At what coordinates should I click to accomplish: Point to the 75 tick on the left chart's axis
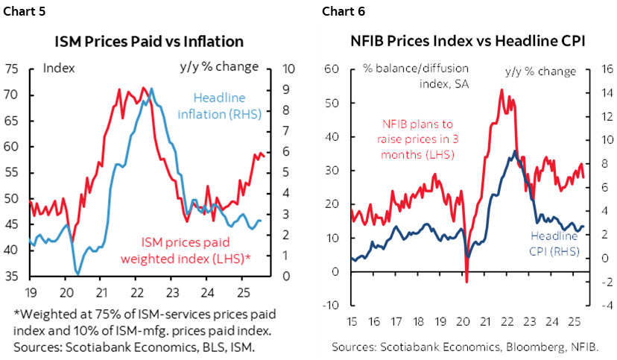click(11, 69)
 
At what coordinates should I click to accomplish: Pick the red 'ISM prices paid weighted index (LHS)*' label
click(196, 250)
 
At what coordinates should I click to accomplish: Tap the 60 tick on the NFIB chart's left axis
click(332, 69)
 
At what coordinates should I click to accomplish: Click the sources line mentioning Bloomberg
click(465, 347)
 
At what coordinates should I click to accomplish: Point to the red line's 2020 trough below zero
click(466, 280)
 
